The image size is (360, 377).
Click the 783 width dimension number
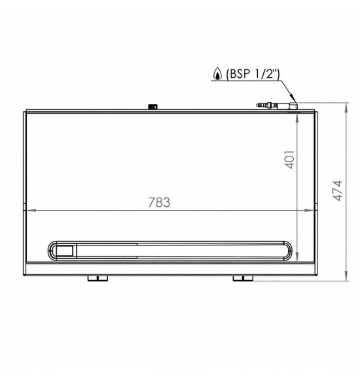pyautogui.click(x=159, y=202)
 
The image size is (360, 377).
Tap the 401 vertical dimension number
pyautogui.click(x=289, y=160)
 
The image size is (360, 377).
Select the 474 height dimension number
pyautogui.click(x=337, y=190)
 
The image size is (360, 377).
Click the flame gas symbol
pyautogui.click(x=217, y=73)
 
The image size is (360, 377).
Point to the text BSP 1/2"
pyautogui.click(x=253, y=74)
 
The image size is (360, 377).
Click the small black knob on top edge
pyautogui.click(x=153, y=107)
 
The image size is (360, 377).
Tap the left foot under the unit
pyautogui.click(x=98, y=278)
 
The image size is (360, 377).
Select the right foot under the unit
pyautogui.click(x=243, y=278)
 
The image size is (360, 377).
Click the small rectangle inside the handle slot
pyautogui.click(x=64, y=251)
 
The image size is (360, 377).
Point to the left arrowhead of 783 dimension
pyautogui.click(x=31, y=210)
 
